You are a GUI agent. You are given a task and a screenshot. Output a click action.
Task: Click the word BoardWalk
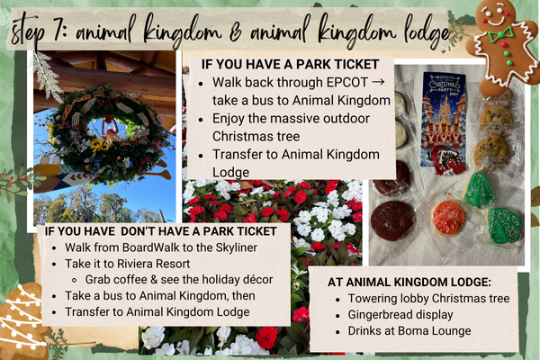pos(138,247)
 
